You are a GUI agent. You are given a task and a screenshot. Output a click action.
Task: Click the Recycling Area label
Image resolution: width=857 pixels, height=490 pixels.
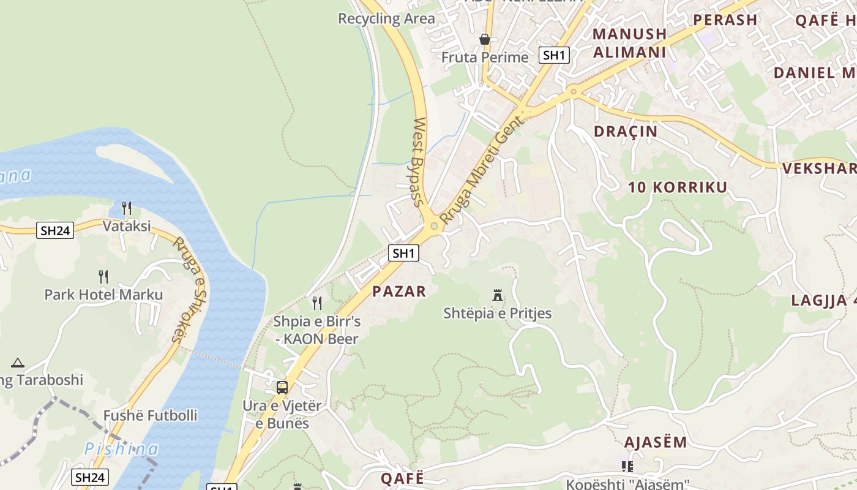[x=386, y=18]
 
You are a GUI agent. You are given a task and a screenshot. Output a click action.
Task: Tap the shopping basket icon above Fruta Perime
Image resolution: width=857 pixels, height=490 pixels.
[x=485, y=40]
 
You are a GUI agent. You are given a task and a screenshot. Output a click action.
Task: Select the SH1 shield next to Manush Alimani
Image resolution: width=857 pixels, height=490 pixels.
[x=554, y=55]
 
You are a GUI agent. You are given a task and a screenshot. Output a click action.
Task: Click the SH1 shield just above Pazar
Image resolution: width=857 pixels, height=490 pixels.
[x=403, y=253]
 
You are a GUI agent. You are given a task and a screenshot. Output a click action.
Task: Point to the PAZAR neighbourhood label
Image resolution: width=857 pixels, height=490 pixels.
[x=399, y=292]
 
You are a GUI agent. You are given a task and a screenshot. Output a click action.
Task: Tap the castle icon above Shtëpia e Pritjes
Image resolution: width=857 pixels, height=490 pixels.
[x=498, y=296]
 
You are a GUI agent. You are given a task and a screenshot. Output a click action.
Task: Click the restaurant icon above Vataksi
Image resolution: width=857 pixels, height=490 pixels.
[x=126, y=208]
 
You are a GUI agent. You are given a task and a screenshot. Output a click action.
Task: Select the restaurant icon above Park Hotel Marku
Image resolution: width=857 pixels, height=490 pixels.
[x=103, y=277]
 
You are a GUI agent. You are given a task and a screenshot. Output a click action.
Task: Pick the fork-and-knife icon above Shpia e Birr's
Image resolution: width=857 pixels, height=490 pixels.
[x=316, y=303]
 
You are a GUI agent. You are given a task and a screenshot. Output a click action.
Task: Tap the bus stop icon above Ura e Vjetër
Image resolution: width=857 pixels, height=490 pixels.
[x=282, y=388]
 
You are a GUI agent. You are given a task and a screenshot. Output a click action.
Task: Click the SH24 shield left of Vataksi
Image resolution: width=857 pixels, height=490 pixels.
[x=55, y=231]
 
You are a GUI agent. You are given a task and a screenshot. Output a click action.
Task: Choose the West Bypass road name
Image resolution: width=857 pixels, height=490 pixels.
[x=419, y=162]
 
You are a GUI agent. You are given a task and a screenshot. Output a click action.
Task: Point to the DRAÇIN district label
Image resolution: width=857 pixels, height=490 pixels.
[x=626, y=131]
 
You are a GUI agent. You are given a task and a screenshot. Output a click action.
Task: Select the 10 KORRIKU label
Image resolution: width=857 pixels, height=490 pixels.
[x=678, y=187]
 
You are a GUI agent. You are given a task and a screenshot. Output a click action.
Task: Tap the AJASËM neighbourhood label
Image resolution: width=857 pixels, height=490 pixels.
[x=655, y=442]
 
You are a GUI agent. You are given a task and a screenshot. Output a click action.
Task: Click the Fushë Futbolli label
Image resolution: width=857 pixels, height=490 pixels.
[x=150, y=415]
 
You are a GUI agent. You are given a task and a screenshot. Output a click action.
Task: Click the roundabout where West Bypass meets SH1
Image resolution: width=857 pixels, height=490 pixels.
[x=434, y=226]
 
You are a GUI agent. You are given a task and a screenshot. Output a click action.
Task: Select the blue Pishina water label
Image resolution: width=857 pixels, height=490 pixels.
[x=121, y=449]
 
